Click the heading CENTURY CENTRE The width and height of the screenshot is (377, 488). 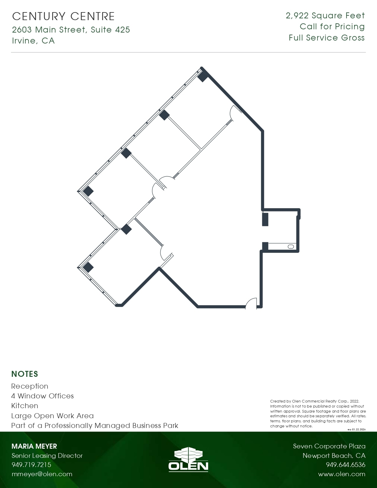(x=63, y=17)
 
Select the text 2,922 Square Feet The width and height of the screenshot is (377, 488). (x=325, y=16)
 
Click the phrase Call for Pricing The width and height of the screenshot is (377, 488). (x=332, y=27)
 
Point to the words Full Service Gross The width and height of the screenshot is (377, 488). (x=326, y=38)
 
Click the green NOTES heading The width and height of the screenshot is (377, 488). (x=25, y=374)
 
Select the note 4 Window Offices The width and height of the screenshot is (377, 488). (x=42, y=396)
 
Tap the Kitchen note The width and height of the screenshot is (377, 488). (x=25, y=406)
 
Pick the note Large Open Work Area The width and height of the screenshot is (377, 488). (x=52, y=416)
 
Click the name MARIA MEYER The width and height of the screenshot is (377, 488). (x=34, y=446)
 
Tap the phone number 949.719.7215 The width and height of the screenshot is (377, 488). (x=31, y=465)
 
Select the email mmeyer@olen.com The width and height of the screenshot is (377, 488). (x=42, y=474)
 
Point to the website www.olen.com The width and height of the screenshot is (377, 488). (x=342, y=474)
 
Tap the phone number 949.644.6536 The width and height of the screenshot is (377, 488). (x=345, y=465)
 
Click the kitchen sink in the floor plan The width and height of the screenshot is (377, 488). (x=291, y=247)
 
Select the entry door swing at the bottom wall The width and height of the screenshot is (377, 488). (x=251, y=303)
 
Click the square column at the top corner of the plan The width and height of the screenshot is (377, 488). (x=203, y=77)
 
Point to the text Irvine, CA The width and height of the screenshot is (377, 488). (x=33, y=41)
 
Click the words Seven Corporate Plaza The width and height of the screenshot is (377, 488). (x=329, y=446)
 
